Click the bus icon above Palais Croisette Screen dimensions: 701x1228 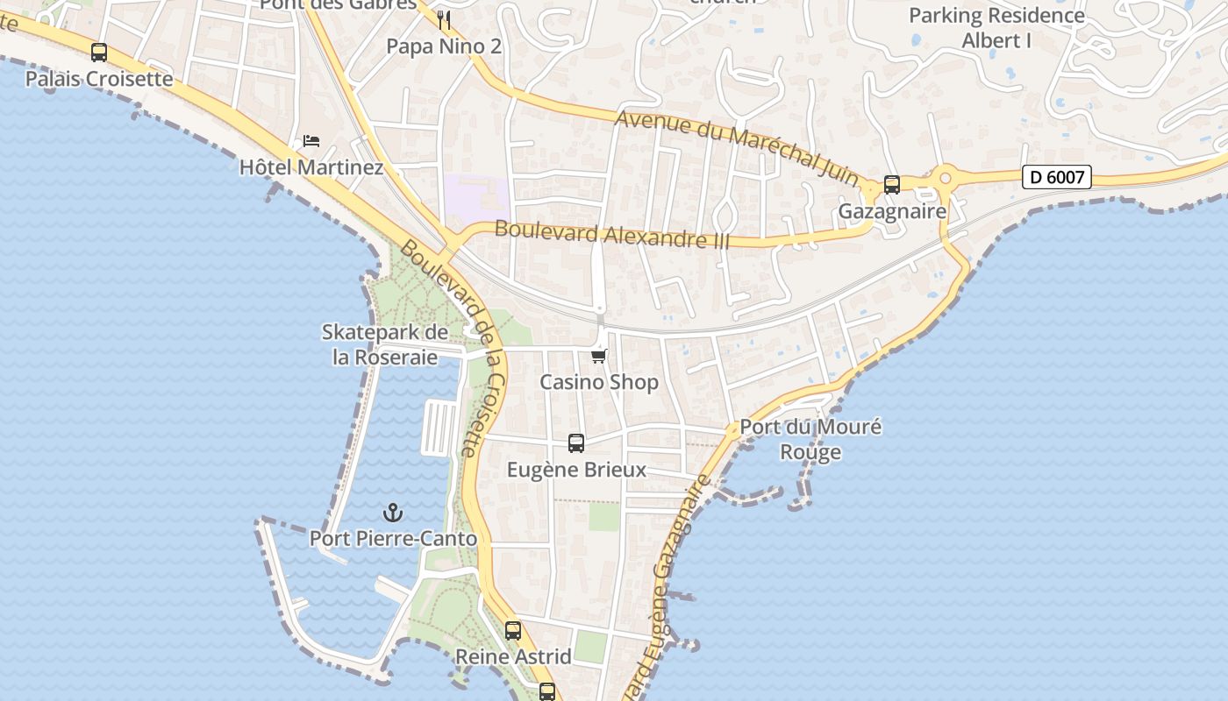[x=99, y=53]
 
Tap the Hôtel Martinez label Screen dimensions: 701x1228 [x=311, y=166]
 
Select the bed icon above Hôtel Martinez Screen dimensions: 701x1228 [x=311, y=140]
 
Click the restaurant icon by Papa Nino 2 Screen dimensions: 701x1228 [x=444, y=19]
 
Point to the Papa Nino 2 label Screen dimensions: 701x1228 [x=444, y=46]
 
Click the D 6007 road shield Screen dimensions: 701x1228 [x=1057, y=177]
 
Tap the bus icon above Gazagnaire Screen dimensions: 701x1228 [x=892, y=185]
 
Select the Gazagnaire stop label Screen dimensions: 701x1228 [x=892, y=211]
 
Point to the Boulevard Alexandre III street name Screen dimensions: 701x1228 [x=612, y=234]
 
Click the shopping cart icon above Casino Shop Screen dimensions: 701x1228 [x=599, y=356]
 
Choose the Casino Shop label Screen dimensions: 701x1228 [x=599, y=382]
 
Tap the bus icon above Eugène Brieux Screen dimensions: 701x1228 [x=576, y=443]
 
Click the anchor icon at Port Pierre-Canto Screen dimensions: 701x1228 [x=393, y=513]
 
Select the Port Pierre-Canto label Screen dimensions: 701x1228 [x=393, y=538]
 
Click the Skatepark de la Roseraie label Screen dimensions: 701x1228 [x=384, y=344]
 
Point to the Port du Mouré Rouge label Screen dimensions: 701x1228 [x=810, y=439]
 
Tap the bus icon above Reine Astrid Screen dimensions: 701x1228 [x=513, y=631]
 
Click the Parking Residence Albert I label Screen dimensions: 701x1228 [x=996, y=27]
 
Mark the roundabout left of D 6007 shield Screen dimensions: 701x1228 [x=946, y=179]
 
